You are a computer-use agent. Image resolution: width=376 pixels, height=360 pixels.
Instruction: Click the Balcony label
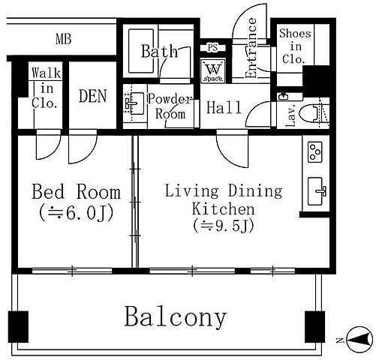(176, 316)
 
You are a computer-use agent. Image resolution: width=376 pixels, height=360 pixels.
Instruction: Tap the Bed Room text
(76, 192)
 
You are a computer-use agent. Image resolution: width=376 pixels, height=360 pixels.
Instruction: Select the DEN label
(92, 96)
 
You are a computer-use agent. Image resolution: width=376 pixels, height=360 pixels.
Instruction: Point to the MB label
(64, 39)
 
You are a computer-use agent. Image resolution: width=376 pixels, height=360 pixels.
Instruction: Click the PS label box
(213, 47)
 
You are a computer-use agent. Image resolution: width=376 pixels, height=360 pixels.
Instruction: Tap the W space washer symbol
(213, 71)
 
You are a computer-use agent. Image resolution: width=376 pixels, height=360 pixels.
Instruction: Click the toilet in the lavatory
(314, 114)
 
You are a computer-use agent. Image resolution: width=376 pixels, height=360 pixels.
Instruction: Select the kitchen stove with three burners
(315, 152)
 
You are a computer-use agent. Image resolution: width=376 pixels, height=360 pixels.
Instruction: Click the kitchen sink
(317, 191)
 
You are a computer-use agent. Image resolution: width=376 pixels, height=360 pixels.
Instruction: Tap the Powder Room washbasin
(135, 103)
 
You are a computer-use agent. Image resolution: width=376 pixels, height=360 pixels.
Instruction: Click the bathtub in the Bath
(141, 51)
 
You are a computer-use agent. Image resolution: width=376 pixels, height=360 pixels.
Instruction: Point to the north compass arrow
(359, 340)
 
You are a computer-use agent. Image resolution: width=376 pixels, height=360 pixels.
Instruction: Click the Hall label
(224, 107)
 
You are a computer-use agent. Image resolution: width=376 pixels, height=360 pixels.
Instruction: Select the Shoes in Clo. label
(295, 46)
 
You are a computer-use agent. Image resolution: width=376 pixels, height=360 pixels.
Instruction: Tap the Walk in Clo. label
(46, 88)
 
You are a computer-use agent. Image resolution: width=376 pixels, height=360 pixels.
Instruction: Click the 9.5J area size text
(224, 226)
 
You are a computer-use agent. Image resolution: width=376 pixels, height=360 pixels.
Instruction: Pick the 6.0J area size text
(77, 213)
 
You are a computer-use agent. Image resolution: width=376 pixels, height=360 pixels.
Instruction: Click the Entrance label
(251, 48)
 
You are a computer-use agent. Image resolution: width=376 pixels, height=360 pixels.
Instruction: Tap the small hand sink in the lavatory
(284, 97)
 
